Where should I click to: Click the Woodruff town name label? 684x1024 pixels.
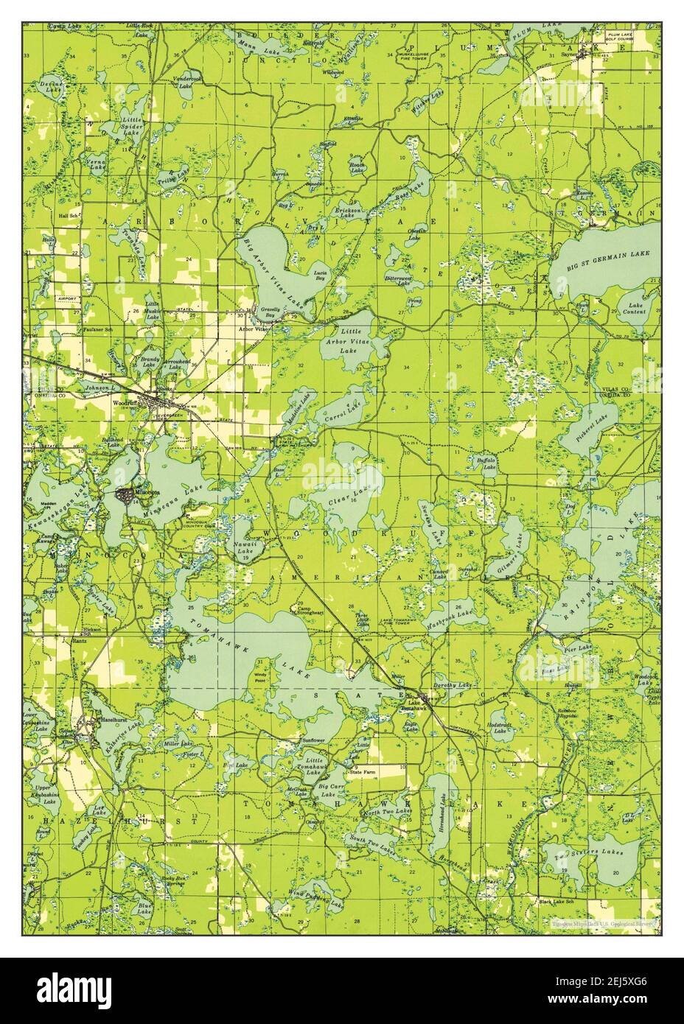125,404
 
